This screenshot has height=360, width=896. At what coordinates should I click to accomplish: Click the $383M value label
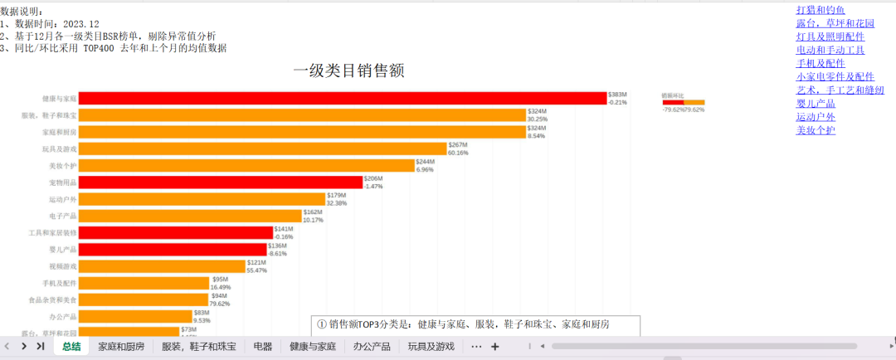click(617, 95)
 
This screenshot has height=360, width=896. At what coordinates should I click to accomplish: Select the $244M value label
click(425, 162)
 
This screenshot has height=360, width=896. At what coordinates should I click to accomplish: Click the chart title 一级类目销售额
click(348, 71)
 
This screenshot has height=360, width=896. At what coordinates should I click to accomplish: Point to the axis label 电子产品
click(62, 216)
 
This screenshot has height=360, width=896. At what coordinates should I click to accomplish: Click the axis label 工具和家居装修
click(53, 233)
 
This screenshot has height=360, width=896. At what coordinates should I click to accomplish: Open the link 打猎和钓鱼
click(820, 10)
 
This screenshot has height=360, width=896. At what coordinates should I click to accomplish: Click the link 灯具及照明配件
click(830, 36)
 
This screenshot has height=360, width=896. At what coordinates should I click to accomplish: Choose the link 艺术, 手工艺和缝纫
click(840, 90)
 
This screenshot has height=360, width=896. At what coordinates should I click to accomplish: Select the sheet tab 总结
click(71, 346)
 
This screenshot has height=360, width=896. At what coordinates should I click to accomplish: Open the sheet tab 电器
click(262, 346)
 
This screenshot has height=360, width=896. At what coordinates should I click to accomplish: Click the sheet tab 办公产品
click(371, 346)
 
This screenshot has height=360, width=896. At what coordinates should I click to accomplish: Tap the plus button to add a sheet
click(495, 346)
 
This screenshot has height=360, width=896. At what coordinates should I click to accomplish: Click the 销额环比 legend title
click(673, 95)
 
